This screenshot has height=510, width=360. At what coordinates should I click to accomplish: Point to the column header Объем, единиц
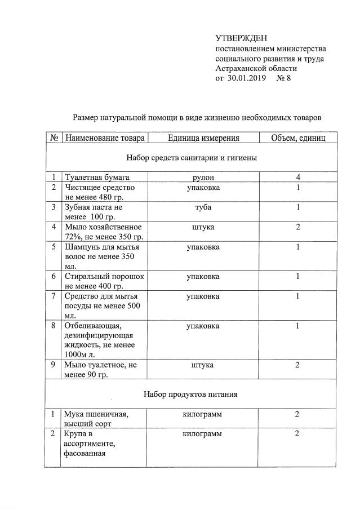(297, 138)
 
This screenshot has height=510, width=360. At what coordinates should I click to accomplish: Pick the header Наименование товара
(105, 138)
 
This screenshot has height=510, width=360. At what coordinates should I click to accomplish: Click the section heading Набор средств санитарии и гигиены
(192, 158)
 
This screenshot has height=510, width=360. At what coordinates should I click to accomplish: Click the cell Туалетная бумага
(97, 178)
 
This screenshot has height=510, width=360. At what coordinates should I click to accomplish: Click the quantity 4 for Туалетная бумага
(297, 178)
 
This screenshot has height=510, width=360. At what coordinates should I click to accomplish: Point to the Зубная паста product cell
(94, 212)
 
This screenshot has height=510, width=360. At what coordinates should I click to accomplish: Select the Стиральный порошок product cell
(105, 281)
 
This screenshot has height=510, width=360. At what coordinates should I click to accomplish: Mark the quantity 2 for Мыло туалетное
(297, 365)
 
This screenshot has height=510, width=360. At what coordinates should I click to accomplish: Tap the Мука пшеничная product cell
(96, 419)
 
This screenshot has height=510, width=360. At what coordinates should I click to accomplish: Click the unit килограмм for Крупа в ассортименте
(203, 434)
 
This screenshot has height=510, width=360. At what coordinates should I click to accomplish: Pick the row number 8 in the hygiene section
(53, 326)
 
